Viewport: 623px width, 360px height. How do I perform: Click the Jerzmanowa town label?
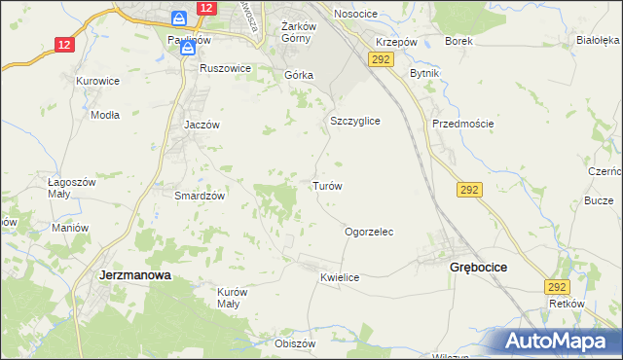[x=135, y=275]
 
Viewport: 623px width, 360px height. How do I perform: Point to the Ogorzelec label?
[x=369, y=233]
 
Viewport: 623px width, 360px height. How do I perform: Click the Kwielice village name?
[x=340, y=277]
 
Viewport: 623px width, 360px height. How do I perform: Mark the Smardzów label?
[x=200, y=195]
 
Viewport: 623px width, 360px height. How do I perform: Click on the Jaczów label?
[x=203, y=125]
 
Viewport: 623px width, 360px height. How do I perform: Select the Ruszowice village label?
[x=225, y=68]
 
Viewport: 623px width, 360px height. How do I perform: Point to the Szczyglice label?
[x=354, y=121]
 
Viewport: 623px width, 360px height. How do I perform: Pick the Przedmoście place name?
[x=463, y=124]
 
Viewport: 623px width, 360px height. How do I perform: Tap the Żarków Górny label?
[x=288, y=32]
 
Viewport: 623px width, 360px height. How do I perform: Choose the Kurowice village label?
[x=97, y=80]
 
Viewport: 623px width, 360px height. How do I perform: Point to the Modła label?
[x=104, y=114]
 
